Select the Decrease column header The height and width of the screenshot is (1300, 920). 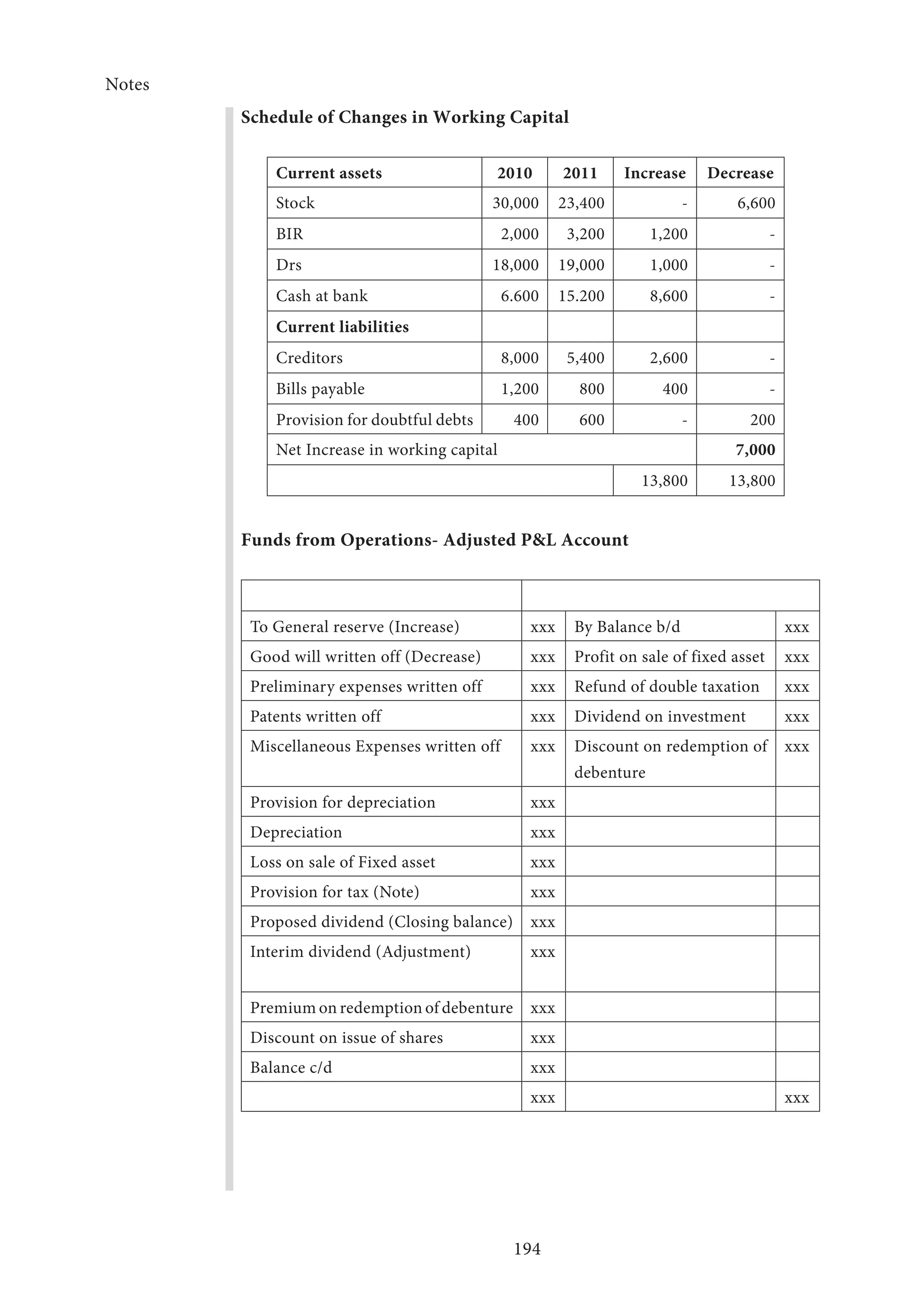pos(740,173)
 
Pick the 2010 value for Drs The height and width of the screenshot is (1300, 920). pos(516,265)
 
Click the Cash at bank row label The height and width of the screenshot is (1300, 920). pos(321,296)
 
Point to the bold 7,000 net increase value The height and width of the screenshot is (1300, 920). pos(755,450)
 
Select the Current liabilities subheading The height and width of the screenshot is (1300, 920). pos(342,327)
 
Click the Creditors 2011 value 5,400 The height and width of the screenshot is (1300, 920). pos(585,358)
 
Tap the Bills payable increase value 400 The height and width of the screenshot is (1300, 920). pos(675,389)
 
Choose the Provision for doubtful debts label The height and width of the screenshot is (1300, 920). pos(374,420)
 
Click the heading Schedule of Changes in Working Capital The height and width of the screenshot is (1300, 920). pos(404,117)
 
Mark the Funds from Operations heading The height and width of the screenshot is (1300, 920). pos(434,540)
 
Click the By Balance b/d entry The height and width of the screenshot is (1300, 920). pos(627,627)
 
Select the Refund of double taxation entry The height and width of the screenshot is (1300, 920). pos(666,686)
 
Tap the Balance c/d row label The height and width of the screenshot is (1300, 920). pos(291,1067)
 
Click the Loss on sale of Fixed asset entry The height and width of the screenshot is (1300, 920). pos(342,862)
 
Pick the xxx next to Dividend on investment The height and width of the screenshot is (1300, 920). pos(796,717)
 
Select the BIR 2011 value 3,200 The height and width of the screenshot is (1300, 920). pos(585,234)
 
